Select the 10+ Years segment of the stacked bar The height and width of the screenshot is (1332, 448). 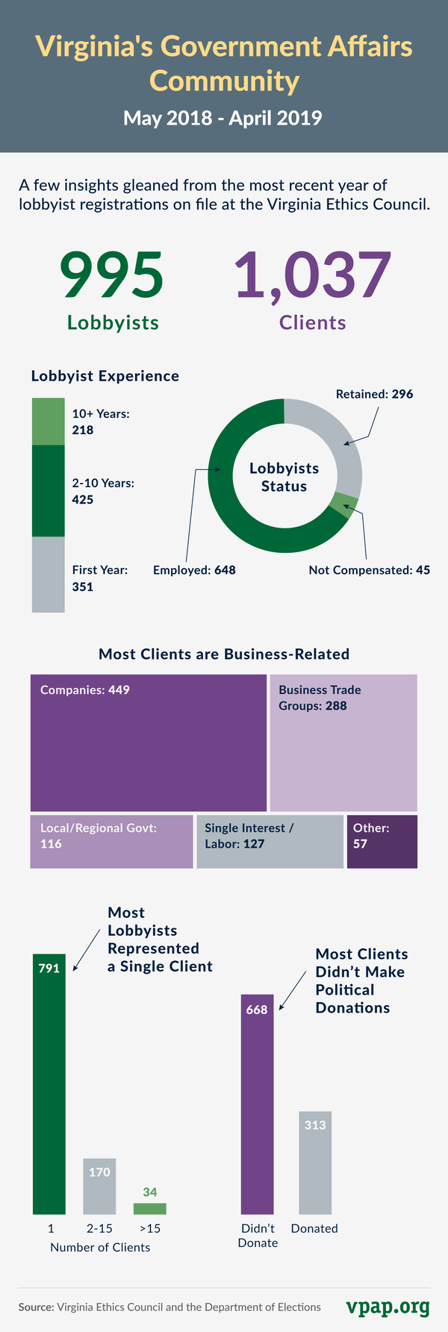(x=48, y=422)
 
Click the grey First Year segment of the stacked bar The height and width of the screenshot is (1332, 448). (x=48, y=575)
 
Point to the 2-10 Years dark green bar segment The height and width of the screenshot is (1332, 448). (x=48, y=491)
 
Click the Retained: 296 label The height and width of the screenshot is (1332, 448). (x=374, y=394)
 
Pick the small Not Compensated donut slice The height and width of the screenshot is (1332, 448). (x=344, y=505)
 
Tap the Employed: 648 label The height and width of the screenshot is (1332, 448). (x=194, y=570)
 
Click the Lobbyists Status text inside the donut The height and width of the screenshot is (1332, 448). (x=284, y=478)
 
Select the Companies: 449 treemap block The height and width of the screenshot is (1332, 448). (x=148, y=742)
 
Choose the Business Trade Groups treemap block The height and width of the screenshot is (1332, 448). (x=343, y=742)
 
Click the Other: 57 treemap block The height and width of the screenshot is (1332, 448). (x=382, y=842)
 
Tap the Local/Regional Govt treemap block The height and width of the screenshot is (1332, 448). (x=111, y=842)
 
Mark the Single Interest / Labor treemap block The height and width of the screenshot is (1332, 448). (x=270, y=842)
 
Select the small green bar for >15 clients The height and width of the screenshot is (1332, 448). (x=150, y=1209)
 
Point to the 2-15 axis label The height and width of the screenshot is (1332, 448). (x=99, y=1229)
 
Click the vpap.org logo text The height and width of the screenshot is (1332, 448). (x=388, y=1307)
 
